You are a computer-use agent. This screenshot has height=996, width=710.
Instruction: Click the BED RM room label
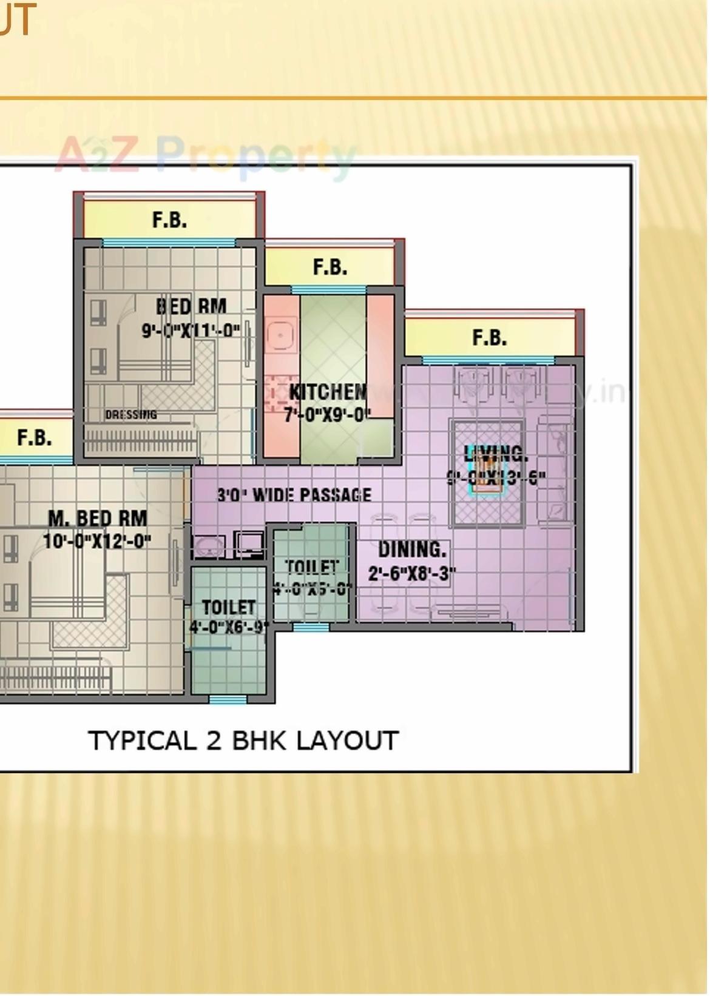tap(191, 306)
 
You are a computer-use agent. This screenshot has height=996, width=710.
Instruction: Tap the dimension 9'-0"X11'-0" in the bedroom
tap(191, 331)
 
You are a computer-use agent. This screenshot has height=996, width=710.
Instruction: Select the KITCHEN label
tap(328, 392)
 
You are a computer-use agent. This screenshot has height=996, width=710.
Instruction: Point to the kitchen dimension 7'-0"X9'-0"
tap(327, 415)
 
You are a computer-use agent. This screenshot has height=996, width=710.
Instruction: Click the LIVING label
tap(496, 454)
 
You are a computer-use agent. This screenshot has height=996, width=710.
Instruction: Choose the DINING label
tap(412, 550)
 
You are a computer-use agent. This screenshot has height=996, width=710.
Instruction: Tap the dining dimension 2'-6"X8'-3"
tap(412, 573)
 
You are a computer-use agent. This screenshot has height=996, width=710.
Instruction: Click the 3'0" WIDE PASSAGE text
tap(294, 495)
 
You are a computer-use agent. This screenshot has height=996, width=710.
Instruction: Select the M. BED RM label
tap(97, 519)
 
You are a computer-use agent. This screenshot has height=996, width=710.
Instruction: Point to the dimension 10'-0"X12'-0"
tap(97, 540)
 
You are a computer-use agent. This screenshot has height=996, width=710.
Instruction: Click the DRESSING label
tap(131, 415)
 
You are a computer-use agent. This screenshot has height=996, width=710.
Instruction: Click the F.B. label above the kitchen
tap(330, 267)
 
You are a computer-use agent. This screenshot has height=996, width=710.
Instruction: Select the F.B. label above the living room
tap(489, 337)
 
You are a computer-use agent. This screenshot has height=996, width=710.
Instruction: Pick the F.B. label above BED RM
tap(169, 220)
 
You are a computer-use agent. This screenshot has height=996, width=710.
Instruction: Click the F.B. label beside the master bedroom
tap(34, 437)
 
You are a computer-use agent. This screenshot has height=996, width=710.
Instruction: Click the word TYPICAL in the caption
tap(142, 741)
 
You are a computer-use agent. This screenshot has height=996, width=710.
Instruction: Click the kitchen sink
tap(280, 335)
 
